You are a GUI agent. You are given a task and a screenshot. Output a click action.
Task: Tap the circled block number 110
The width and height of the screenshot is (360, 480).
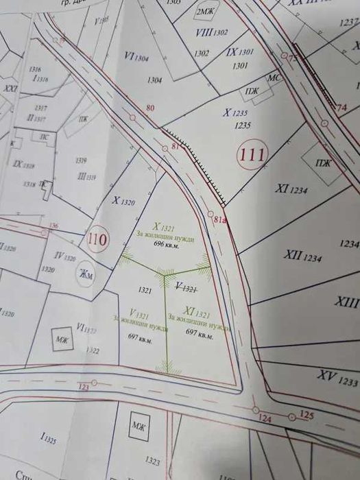pos(98,240)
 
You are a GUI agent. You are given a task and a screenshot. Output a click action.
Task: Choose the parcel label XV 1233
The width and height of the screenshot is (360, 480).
pos(338,376)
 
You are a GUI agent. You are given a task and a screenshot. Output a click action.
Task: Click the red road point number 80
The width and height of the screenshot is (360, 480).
pos(151,107)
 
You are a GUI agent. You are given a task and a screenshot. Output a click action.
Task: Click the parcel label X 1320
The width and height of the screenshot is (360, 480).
pos(123,202)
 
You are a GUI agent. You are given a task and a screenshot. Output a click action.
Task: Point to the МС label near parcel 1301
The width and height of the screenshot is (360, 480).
pos(273,78)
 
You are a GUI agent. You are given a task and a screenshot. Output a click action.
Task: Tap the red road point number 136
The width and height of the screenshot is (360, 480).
pos(55,226)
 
